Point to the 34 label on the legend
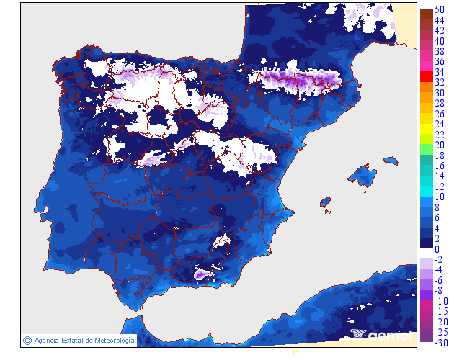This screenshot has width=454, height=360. [x=440, y=73]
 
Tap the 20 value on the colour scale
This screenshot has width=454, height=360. [x=440, y=145]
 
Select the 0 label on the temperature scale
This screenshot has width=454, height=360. [x=437, y=249]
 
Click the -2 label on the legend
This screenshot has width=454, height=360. [x=438, y=259]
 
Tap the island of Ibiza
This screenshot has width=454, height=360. [x=326, y=202]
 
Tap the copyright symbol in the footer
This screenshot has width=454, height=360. [x=27, y=340]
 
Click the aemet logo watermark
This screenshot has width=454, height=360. [x=382, y=334]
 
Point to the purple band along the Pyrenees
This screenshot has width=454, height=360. [x=295, y=79]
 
